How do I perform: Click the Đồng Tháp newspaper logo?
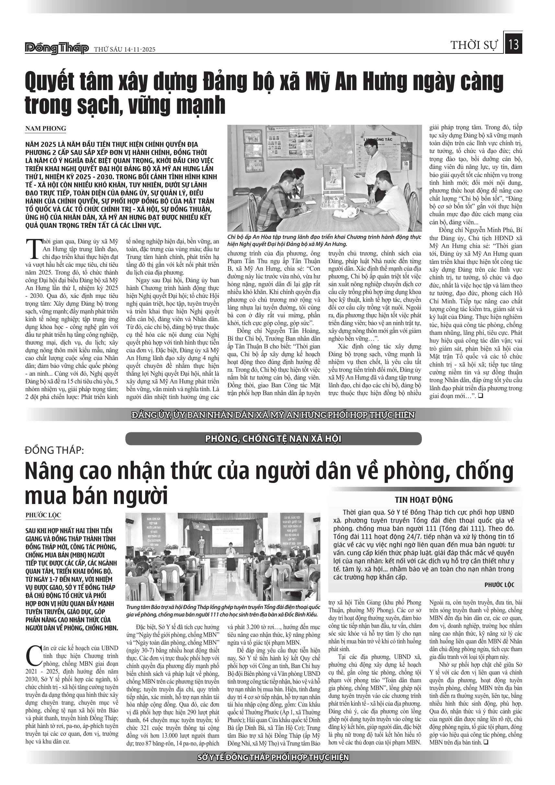tap(57, 49)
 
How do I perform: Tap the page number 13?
tap(514, 45)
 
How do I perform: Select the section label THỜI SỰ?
tap(474, 45)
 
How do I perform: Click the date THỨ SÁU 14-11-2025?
tap(125, 50)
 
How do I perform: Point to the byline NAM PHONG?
tap(45, 129)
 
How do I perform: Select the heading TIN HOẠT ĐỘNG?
tap(423, 500)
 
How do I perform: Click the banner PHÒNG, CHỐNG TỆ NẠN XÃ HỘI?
tap(273, 439)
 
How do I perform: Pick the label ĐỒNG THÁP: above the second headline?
tap(54, 450)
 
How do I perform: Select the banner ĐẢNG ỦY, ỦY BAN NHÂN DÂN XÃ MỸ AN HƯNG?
tap(273, 415)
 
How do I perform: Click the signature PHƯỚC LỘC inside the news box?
tap(499, 585)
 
